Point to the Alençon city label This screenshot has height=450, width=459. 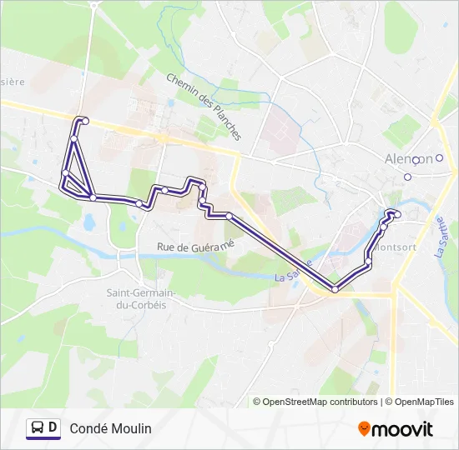[x=408, y=159]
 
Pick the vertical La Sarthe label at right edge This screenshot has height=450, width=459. [x=440, y=237]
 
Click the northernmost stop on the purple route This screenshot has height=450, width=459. [x=84, y=121]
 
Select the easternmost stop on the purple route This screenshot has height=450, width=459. [x=397, y=214]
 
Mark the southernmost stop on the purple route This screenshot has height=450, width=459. [x=335, y=289]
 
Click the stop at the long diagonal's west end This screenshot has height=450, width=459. [x=228, y=216]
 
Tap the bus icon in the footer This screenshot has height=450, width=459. [x=37, y=428]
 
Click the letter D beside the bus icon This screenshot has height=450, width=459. [x=53, y=428]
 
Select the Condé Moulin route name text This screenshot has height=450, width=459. [x=111, y=428]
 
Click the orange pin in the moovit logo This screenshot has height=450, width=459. [x=364, y=429]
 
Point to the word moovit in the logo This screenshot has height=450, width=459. [x=403, y=429]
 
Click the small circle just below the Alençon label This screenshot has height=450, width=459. [x=408, y=177]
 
